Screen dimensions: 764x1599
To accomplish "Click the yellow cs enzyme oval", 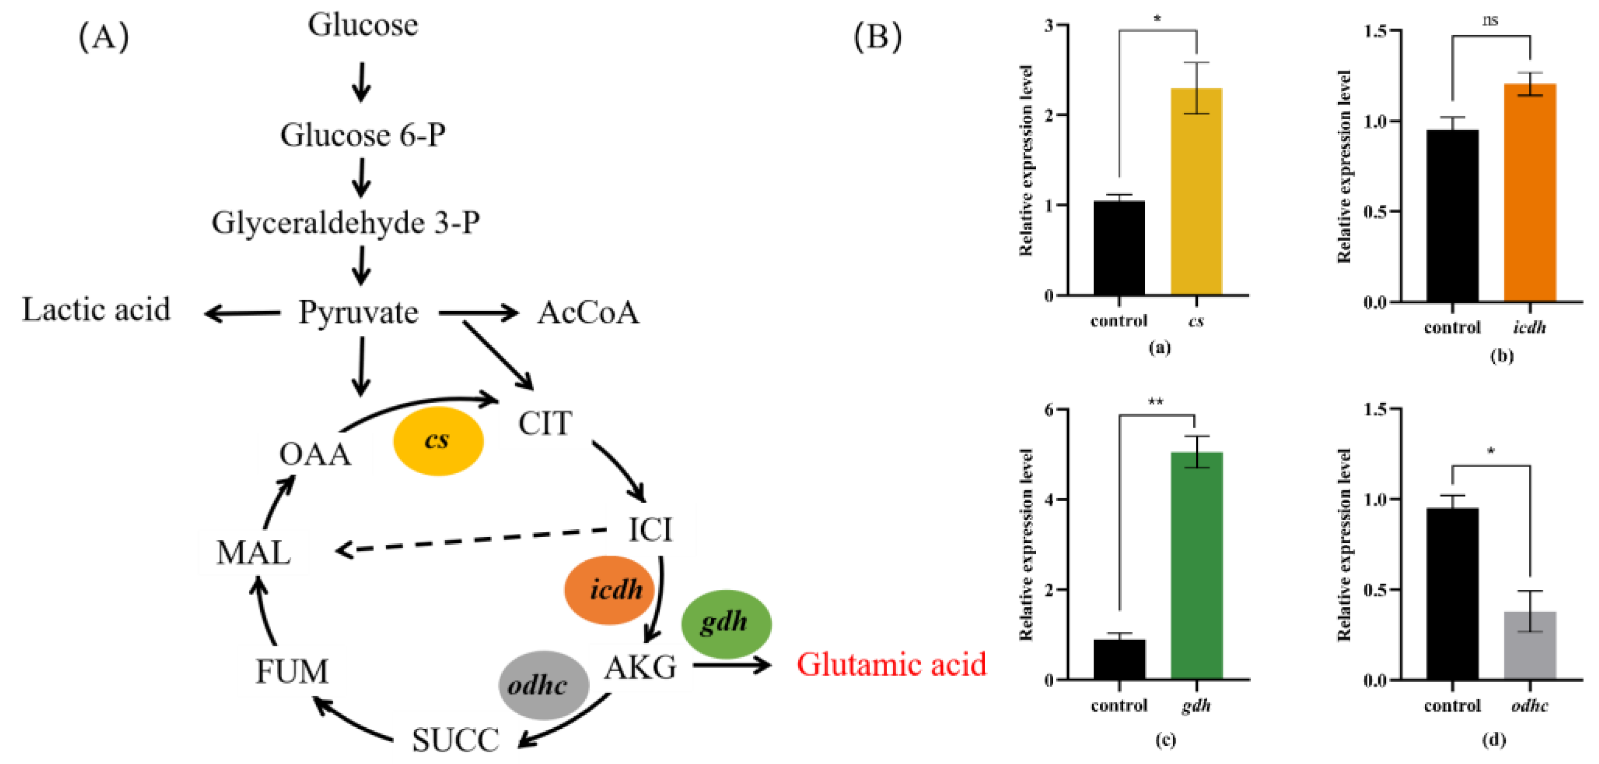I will coord(438,441).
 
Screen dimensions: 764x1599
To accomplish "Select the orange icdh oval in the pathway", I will coord(610,590).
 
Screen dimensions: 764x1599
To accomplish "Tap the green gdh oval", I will coord(726,623).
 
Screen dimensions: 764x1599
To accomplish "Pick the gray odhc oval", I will coord(543,685).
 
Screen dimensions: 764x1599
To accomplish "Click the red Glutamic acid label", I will coord(891,664).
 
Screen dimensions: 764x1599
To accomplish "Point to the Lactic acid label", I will coord(96,310).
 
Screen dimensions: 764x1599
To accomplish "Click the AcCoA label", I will coord(588,312).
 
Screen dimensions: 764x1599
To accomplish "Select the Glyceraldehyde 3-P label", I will coord(345,222).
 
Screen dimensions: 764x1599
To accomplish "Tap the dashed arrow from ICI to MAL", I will coord(472,540).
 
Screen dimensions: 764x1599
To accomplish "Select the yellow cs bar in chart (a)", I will coord(1196,192).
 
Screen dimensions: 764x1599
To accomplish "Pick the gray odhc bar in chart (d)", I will coord(1530,646).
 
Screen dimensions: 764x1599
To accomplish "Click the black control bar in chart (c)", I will coord(1119,660).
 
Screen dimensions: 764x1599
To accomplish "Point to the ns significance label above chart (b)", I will coord(1490,21).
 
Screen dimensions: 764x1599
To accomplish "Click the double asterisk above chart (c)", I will coord(1156,402).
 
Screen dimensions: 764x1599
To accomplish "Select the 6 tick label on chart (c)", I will coord(1049,409).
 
